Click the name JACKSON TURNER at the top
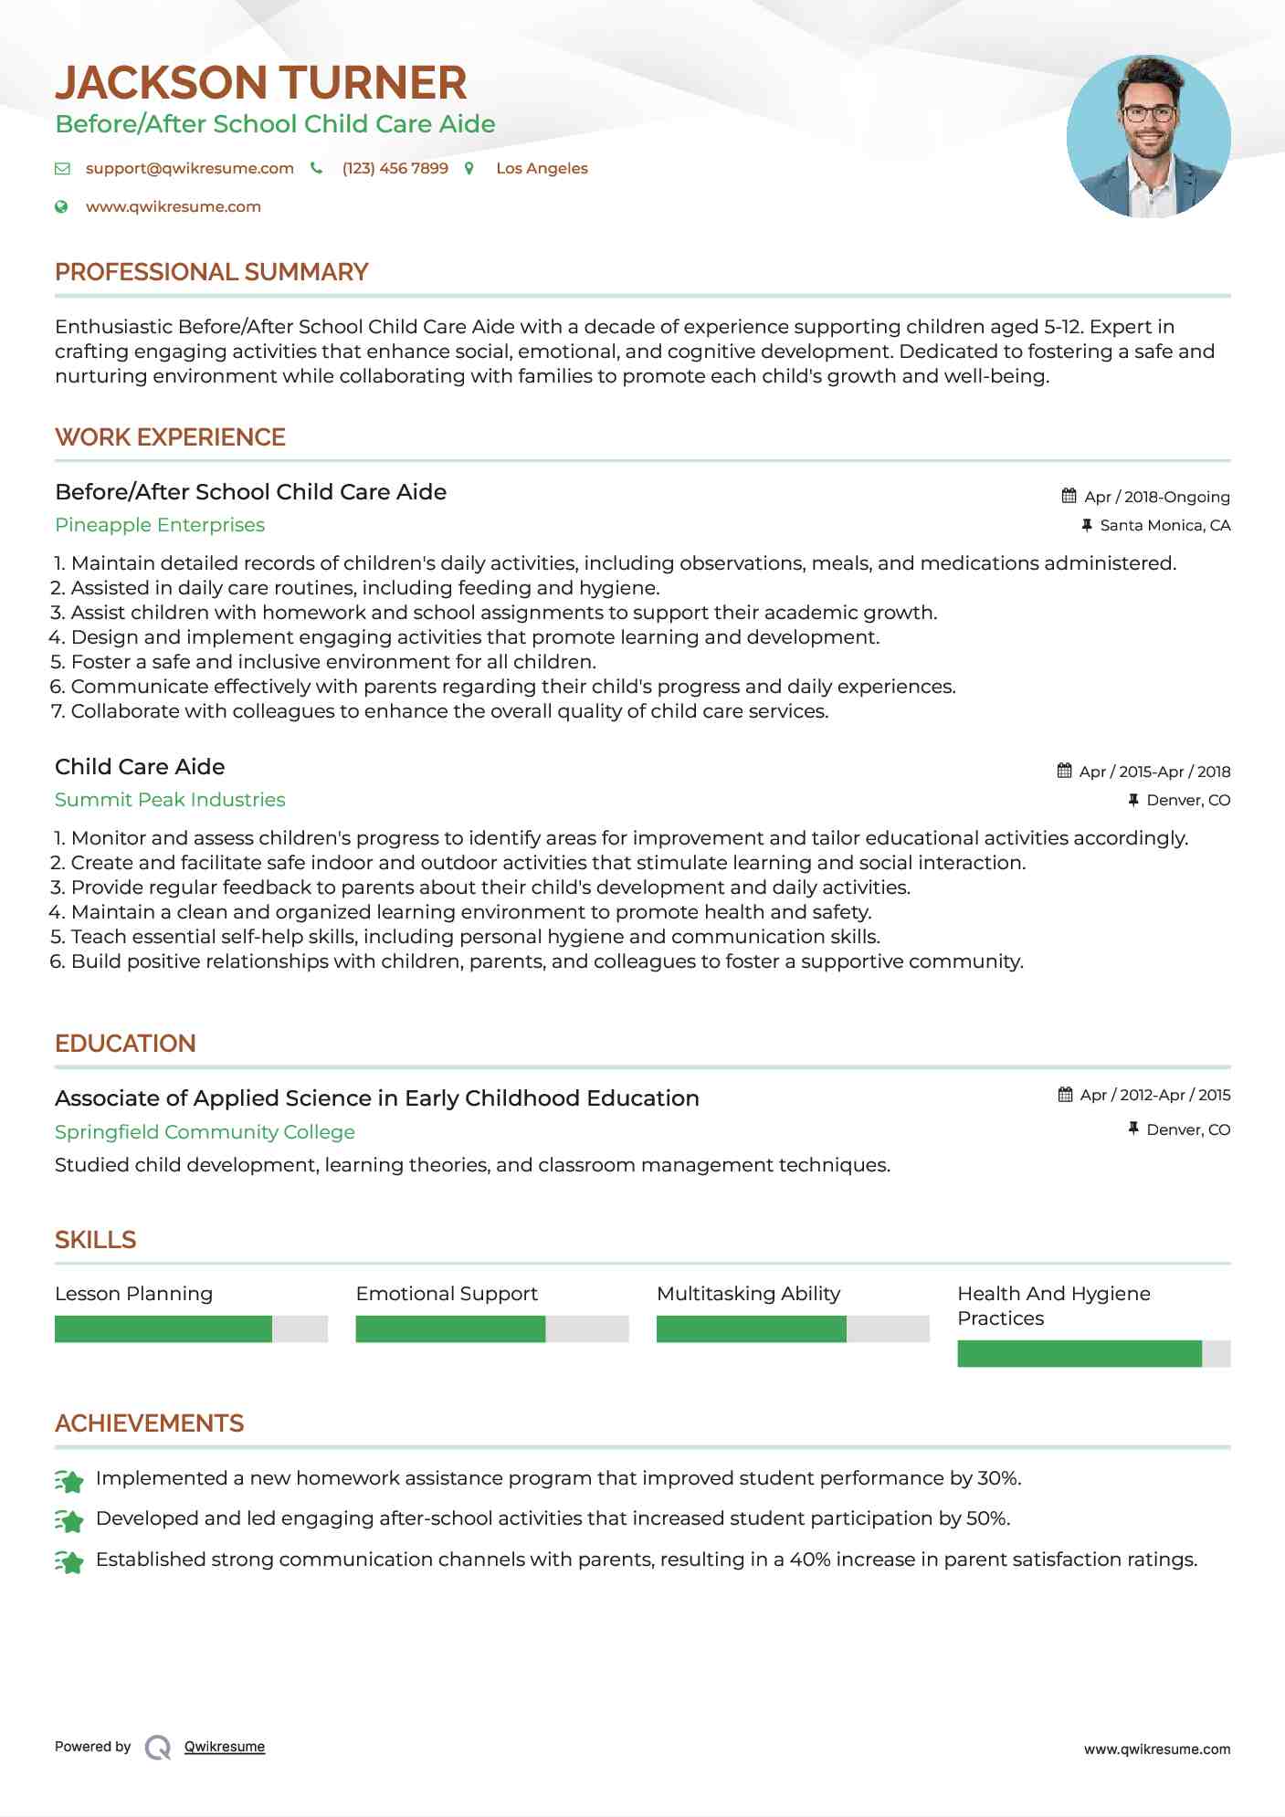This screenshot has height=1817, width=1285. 260,83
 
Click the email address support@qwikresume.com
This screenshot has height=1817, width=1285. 189,168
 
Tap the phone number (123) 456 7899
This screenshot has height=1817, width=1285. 395,168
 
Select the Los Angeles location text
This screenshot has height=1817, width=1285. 542,168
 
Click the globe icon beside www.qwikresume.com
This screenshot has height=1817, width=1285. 61,206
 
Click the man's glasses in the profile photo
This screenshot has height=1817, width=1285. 1148,114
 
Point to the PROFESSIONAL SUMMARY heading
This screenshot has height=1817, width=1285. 211,272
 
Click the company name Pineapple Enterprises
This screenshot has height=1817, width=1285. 160,525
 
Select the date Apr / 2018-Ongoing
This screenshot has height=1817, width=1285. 1156,497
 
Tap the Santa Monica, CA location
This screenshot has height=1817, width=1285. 1164,525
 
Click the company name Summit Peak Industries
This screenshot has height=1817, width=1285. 170,800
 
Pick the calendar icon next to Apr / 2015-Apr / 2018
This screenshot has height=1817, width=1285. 1064,771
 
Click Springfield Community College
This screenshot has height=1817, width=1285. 205,1132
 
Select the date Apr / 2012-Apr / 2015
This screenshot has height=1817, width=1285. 1154,1095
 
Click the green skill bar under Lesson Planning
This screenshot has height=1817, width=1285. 163,1329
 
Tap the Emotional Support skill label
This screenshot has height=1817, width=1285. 447,1294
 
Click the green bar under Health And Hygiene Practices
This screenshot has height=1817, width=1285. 1079,1353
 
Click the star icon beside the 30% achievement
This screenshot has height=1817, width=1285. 69,1480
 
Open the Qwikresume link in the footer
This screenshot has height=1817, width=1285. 225,1747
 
